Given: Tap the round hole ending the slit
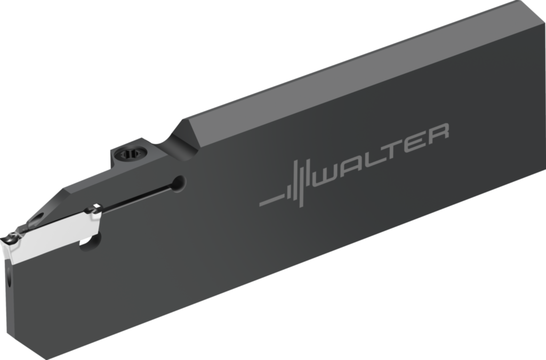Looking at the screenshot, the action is pyautogui.click(x=179, y=183).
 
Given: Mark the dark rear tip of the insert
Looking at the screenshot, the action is pyautogui.click(x=93, y=209).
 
